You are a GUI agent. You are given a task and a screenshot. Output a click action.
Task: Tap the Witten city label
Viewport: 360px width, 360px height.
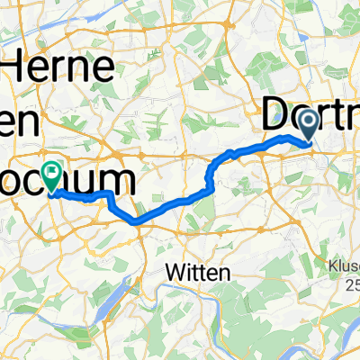(x=199, y=270)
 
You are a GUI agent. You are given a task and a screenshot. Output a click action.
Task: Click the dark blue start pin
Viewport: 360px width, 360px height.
(x=308, y=122)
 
